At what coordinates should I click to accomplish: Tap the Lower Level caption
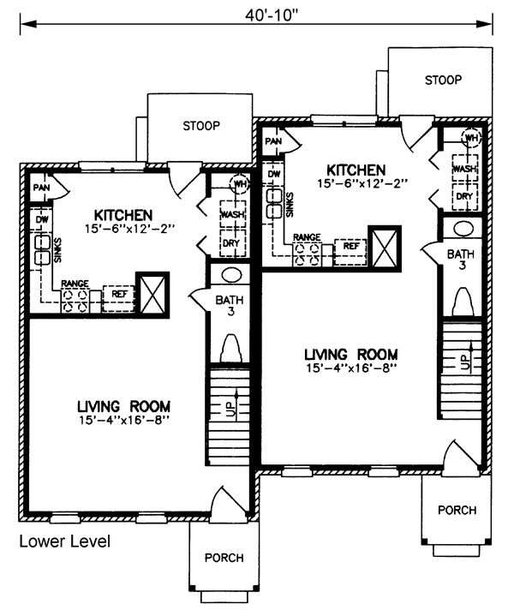65,541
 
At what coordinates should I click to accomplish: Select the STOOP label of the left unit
201,126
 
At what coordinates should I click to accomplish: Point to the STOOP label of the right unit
443,81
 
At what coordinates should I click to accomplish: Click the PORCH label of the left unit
224,558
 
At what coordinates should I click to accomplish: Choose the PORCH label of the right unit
457,511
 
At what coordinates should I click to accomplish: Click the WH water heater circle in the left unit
239,183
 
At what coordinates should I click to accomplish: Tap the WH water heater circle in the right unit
471,137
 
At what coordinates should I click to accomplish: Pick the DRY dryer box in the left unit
233,243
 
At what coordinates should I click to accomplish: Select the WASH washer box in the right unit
465,169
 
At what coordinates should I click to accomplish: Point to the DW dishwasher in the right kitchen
274,173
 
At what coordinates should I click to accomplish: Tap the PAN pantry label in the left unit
41,188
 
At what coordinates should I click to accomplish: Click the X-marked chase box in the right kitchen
385,248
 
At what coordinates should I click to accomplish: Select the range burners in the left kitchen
75,302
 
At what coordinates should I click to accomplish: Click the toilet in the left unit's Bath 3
230,348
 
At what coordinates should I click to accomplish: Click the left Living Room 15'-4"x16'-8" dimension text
123,421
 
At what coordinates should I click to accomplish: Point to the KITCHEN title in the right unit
356,170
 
